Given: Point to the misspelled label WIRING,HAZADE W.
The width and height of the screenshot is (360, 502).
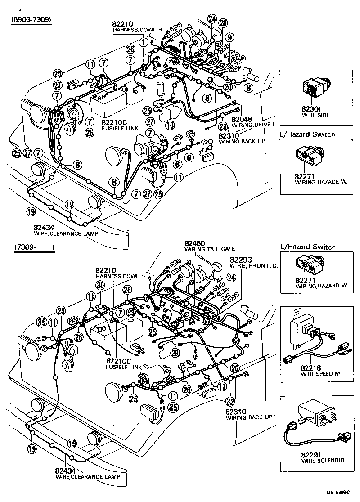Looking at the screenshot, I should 315,182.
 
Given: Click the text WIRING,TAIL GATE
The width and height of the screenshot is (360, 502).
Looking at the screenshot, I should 210,249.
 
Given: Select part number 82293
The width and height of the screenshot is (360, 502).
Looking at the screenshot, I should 242,260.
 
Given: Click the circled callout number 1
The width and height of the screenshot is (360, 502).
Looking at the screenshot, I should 143,42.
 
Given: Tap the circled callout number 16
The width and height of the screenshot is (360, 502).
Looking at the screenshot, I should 170,125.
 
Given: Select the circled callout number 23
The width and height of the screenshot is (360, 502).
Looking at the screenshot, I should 223,127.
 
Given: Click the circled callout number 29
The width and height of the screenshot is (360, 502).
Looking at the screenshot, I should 175,352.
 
